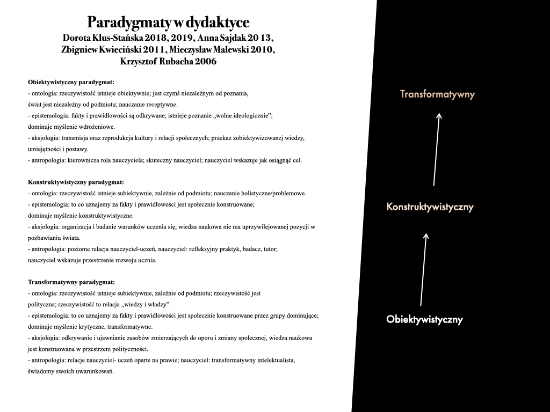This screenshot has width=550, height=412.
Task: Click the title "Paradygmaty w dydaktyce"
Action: coord(168,23)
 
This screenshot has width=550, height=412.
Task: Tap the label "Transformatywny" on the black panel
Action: coord(437,94)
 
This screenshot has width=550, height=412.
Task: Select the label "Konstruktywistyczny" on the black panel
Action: coord(430,207)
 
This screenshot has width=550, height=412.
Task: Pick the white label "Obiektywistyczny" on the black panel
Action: coord(424,320)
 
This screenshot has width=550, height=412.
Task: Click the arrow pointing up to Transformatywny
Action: coord(436,149)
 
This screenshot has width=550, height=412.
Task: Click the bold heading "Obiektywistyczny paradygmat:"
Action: coord(71,82)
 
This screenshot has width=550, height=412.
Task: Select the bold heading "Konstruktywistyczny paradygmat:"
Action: coord(76,182)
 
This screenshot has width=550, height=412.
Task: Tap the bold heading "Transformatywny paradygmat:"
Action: coord(71,282)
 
